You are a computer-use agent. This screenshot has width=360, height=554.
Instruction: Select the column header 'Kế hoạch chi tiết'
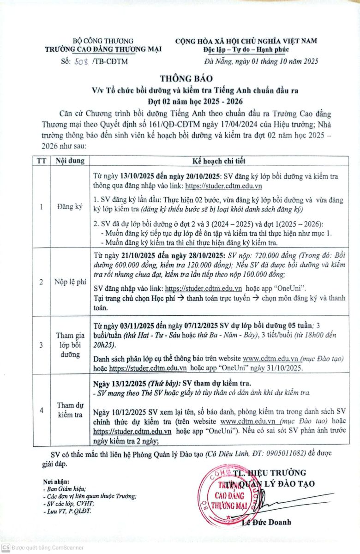pos(219,161)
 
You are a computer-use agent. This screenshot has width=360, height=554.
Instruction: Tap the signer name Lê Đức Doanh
pos(267,522)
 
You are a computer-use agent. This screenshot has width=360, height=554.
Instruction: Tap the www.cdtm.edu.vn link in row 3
pos(270,358)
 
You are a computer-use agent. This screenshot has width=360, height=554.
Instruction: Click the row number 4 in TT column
pos(42,409)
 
